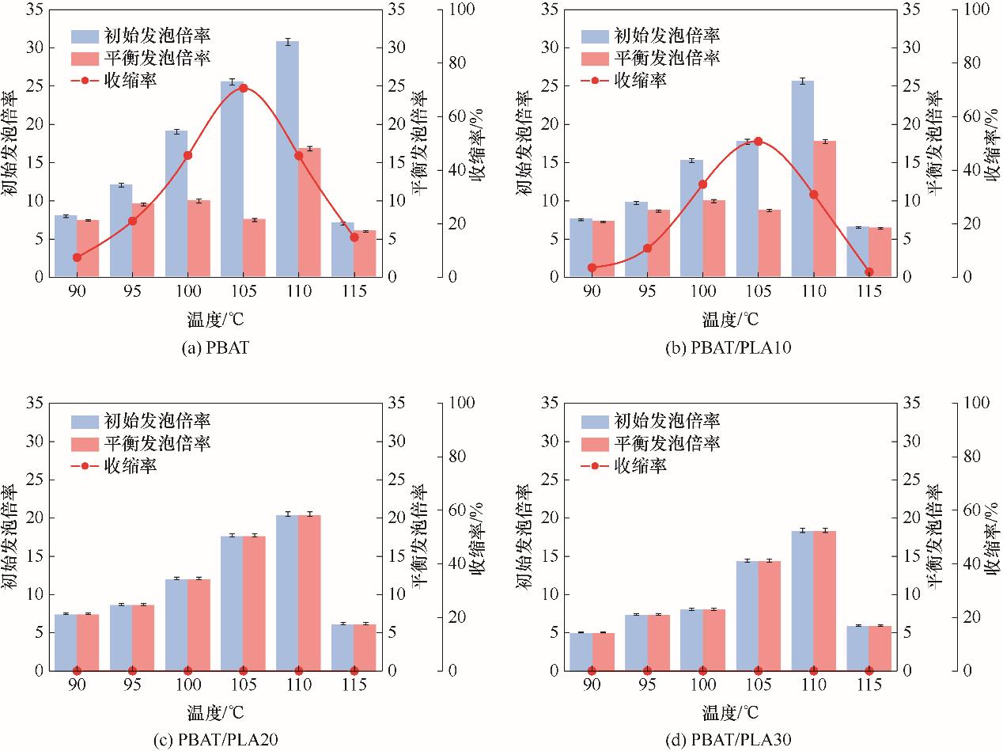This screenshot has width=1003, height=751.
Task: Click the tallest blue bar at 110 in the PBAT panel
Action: coord(287,158)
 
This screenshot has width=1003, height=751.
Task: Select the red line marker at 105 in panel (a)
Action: coord(243,88)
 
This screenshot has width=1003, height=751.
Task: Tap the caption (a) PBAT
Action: coord(214,347)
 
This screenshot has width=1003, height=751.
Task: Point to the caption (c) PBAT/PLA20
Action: coord(215,740)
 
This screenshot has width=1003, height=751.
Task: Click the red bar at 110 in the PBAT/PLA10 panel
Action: coord(826,209)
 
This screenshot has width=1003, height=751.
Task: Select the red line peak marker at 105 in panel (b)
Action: coord(758,142)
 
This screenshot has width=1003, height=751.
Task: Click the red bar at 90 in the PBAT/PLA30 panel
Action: coord(603,651)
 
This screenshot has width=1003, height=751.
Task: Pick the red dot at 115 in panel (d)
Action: coord(869,670)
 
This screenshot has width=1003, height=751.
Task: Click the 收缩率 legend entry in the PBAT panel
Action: coord(130,80)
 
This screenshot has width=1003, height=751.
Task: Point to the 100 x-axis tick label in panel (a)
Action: coord(187,291)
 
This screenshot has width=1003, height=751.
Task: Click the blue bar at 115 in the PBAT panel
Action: coord(343,250)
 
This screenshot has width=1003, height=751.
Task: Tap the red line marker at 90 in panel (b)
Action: coord(592,268)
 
